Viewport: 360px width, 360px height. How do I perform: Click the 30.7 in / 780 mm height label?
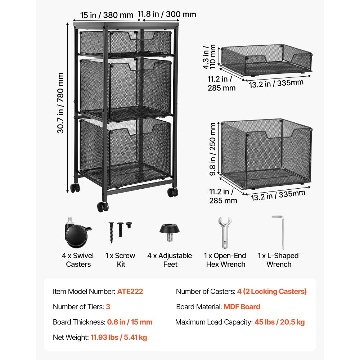coord(60,103)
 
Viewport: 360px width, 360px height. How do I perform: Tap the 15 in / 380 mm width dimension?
coord(107,15)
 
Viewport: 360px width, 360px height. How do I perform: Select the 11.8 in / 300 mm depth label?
coord(167,14)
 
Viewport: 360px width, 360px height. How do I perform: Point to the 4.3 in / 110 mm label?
coord(209,57)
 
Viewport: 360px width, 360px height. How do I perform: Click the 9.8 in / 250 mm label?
coord(213,149)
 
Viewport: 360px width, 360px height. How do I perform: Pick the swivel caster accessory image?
coord(78,233)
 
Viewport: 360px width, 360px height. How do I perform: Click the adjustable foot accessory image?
coord(170,232)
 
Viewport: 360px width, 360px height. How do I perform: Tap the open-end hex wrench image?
coord(225,232)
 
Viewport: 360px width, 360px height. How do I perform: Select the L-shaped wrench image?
coord(279,232)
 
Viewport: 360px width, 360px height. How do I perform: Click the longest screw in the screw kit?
coord(111,232)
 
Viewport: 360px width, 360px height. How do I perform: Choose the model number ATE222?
coord(130,291)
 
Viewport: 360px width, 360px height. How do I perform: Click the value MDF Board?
coord(242,307)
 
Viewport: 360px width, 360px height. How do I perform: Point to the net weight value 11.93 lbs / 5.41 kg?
coord(119,338)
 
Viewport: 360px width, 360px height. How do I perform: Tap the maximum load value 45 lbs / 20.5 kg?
coord(280,322)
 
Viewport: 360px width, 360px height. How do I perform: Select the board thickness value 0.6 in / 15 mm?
coord(130,322)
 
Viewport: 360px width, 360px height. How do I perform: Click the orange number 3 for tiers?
coord(108,307)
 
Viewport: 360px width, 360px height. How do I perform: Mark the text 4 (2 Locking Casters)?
coord(272,292)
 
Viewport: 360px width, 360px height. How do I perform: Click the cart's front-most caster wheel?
coord(103,207)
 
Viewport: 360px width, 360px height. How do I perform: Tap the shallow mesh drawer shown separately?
coord(266,60)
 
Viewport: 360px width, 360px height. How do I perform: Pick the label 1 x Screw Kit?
coord(120,260)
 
